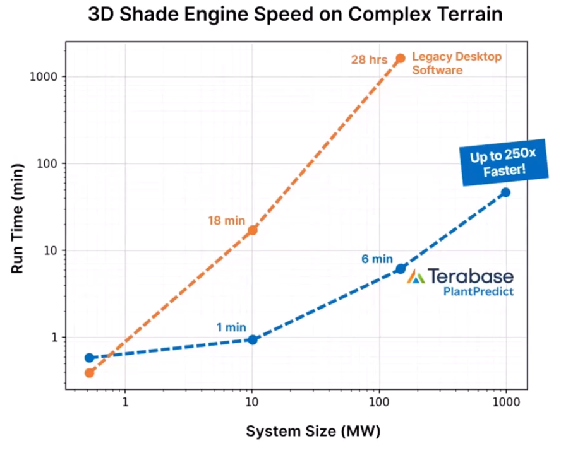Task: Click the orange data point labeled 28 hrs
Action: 400,58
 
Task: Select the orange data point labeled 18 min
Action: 253,230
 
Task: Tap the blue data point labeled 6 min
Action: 400,269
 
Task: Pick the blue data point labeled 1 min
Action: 253,339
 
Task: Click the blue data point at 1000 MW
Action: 505,192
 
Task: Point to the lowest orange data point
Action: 89,372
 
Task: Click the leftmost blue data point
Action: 89,358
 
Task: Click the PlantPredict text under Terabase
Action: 478,291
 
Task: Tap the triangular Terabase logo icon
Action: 415,276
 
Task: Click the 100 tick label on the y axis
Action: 49,163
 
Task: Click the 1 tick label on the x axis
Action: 125,402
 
